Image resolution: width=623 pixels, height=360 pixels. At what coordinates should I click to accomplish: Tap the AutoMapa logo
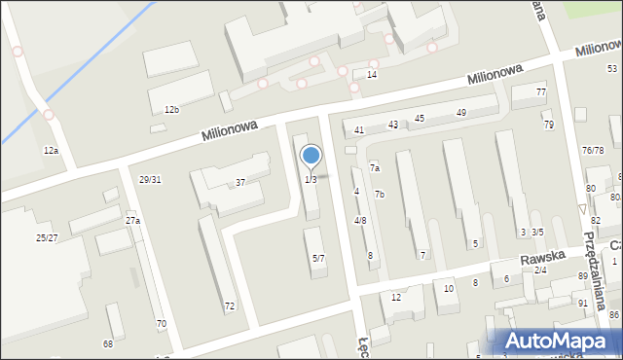click(558, 341)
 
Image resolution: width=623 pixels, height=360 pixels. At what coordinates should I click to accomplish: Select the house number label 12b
click(171, 110)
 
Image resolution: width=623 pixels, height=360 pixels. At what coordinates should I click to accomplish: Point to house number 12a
click(51, 151)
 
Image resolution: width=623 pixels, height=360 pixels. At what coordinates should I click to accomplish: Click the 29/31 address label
click(150, 179)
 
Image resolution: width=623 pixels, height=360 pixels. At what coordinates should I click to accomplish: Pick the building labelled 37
click(239, 183)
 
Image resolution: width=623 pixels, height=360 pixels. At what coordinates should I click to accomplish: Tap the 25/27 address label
click(47, 237)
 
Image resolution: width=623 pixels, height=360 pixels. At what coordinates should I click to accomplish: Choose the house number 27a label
click(132, 221)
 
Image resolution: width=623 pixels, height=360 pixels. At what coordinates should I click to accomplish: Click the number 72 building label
click(230, 306)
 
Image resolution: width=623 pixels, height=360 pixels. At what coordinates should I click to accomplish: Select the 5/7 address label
click(318, 258)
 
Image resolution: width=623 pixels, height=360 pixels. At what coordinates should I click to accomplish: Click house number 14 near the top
click(371, 75)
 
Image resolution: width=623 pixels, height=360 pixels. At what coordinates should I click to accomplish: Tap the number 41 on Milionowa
click(359, 129)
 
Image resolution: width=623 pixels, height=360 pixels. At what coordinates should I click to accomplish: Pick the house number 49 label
click(461, 113)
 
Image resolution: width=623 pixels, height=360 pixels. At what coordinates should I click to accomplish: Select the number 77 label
click(540, 91)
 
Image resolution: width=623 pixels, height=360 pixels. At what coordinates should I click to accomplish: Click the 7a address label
click(374, 168)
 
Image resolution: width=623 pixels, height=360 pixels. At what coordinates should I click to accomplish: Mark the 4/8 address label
click(360, 221)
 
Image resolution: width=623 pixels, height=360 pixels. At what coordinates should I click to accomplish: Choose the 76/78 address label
click(593, 151)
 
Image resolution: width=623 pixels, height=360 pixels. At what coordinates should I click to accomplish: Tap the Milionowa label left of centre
click(229, 129)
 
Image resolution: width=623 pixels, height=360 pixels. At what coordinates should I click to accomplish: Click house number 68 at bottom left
click(107, 343)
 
